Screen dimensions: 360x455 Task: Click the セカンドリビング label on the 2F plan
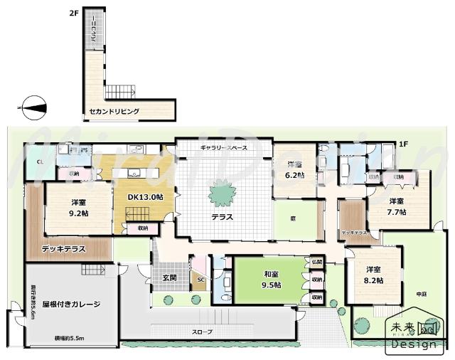click(x=114, y=112)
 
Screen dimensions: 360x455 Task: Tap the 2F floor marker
click(x=73, y=13)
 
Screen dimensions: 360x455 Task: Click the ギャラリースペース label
click(x=223, y=147)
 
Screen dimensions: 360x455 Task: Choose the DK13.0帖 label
click(x=145, y=196)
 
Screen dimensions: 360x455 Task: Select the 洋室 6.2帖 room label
click(x=294, y=169)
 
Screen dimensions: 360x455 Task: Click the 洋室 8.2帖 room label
click(x=374, y=275)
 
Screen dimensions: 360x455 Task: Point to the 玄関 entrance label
click(x=171, y=277)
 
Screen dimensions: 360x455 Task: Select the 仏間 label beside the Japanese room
click(x=316, y=262)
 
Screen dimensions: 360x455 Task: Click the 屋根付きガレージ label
click(x=71, y=304)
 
